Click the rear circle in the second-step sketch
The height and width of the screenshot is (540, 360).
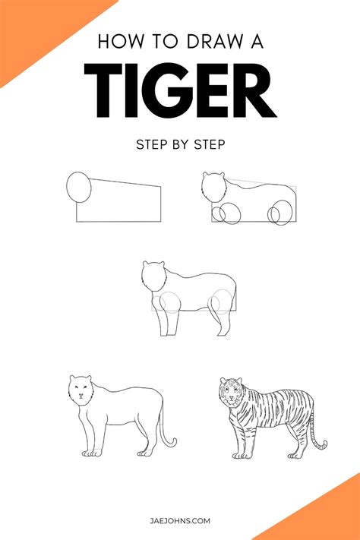tap(279, 212)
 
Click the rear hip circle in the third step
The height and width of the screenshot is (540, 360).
tap(223, 302)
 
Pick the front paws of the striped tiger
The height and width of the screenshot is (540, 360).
tap(242, 453)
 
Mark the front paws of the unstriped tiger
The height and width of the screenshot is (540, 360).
tap(91, 453)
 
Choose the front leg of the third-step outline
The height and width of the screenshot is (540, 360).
tap(171, 323)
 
